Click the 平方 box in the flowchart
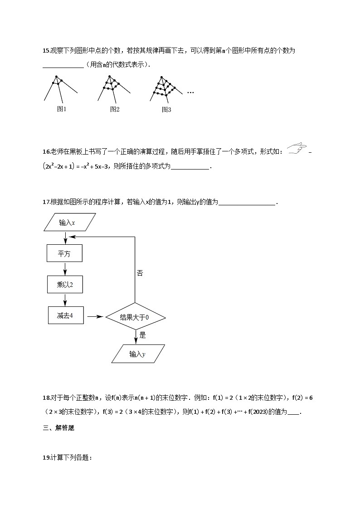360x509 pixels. point(64,254)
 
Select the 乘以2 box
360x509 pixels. point(64,285)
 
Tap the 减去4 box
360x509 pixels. point(66,315)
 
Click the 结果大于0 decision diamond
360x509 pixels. point(135,317)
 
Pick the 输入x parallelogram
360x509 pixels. point(70,223)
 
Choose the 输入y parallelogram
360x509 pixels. point(138,354)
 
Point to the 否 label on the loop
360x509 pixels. point(140,273)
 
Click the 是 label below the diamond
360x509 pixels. point(142,335)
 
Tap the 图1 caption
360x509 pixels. point(62,109)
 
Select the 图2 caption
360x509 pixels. point(115,109)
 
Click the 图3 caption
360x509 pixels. point(166,109)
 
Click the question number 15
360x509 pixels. point(46,51)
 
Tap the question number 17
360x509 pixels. point(46,202)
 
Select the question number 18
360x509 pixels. point(46,398)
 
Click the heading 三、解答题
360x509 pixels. point(58,428)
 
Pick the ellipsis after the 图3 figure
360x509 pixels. point(190,92)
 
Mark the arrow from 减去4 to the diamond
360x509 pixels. point(95,317)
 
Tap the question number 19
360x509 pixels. point(46,458)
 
